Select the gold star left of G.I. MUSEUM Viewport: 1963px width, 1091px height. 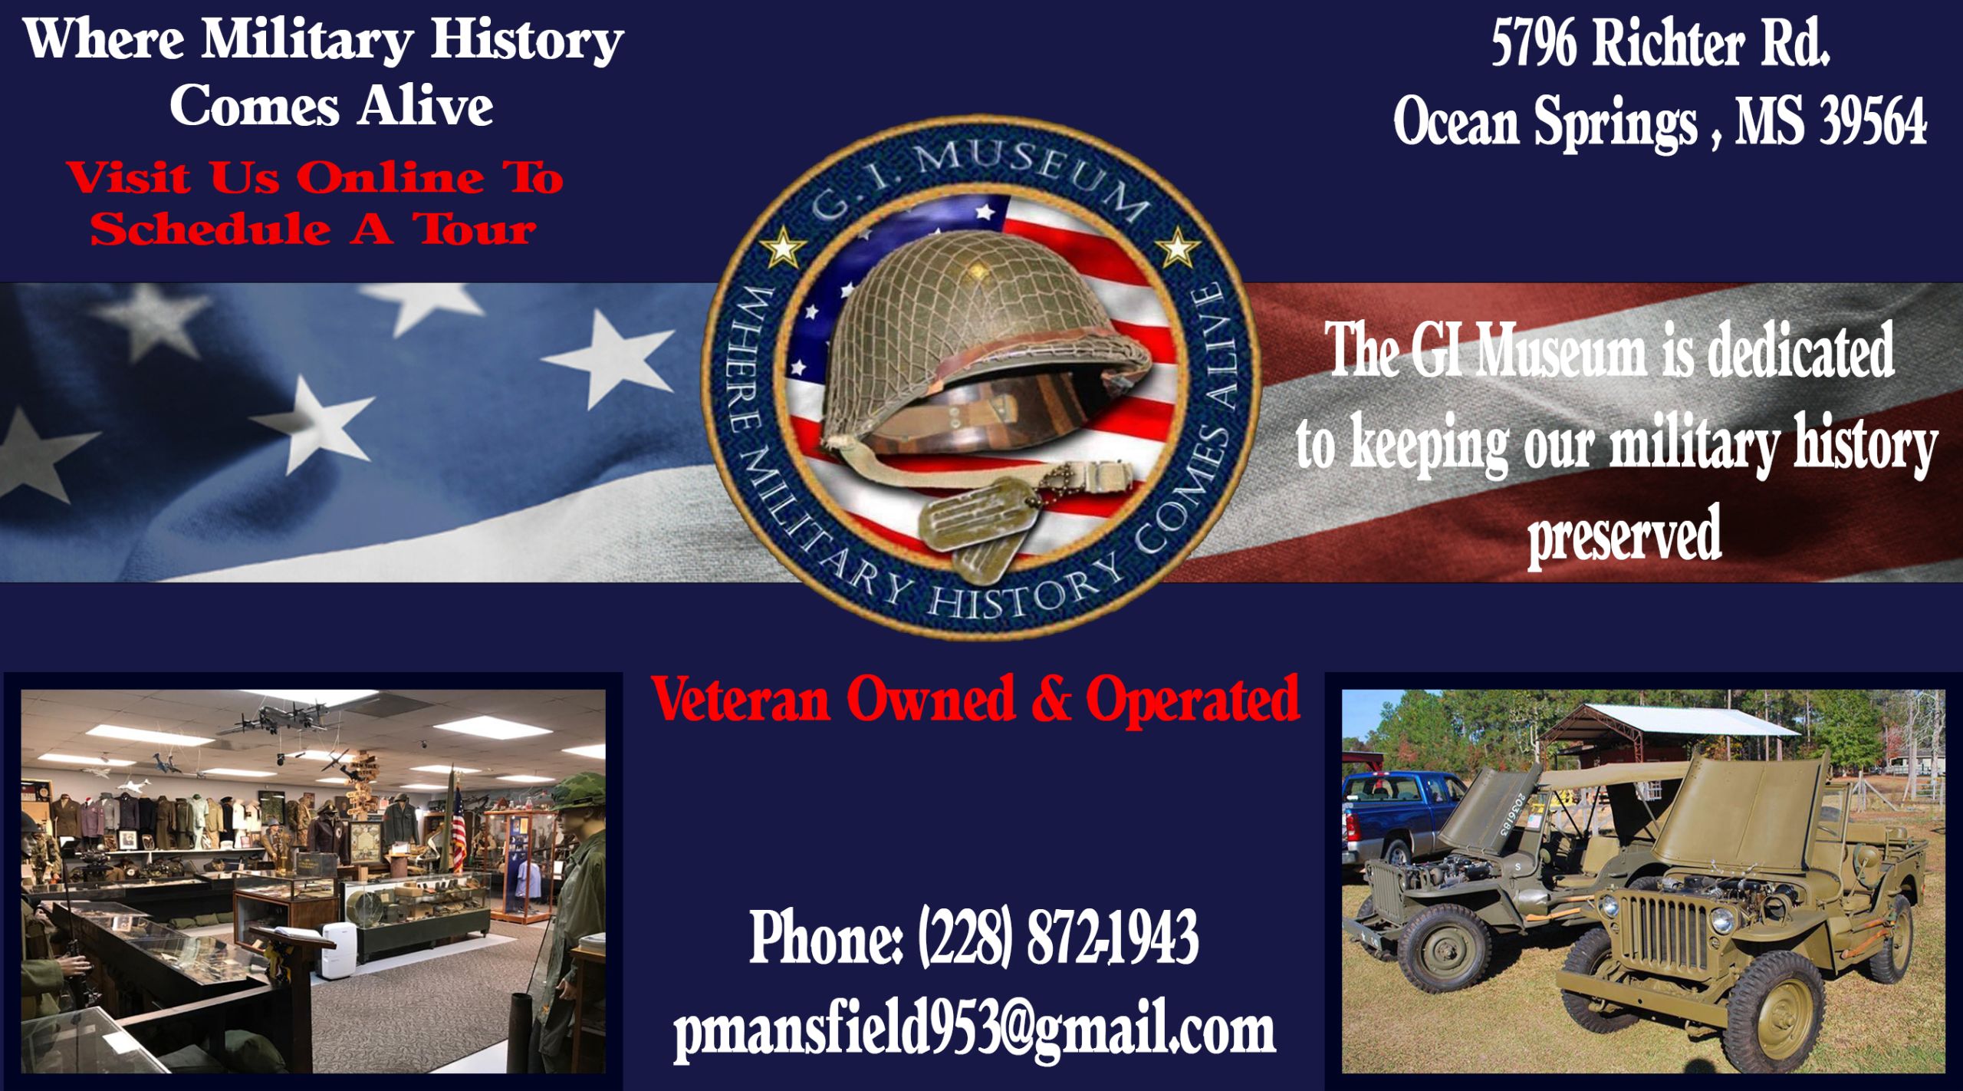(782, 248)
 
